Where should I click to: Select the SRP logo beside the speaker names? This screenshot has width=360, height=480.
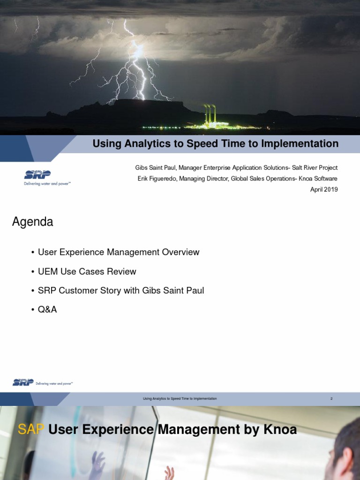tap(47, 178)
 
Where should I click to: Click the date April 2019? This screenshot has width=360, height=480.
tap(324, 189)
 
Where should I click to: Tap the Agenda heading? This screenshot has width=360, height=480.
tap(32, 222)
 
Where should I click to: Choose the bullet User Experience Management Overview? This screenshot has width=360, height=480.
tap(119, 252)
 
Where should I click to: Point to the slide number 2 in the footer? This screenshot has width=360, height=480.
tap(331, 398)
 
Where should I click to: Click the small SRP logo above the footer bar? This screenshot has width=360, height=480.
tap(43, 382)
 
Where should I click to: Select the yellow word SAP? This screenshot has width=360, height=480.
tap(31, 429)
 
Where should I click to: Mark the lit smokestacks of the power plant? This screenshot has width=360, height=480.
tap(210, 113)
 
